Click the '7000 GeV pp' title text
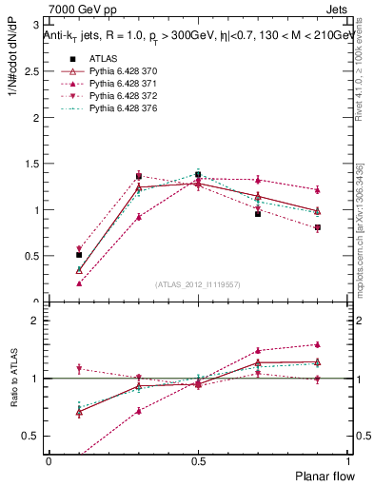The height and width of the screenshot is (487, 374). point(72,10)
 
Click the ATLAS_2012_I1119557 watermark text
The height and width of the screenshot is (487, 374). point(197,284)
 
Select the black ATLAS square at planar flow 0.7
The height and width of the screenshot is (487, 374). point(258,214)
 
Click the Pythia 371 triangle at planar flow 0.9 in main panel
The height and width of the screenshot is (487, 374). point(318,189)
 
